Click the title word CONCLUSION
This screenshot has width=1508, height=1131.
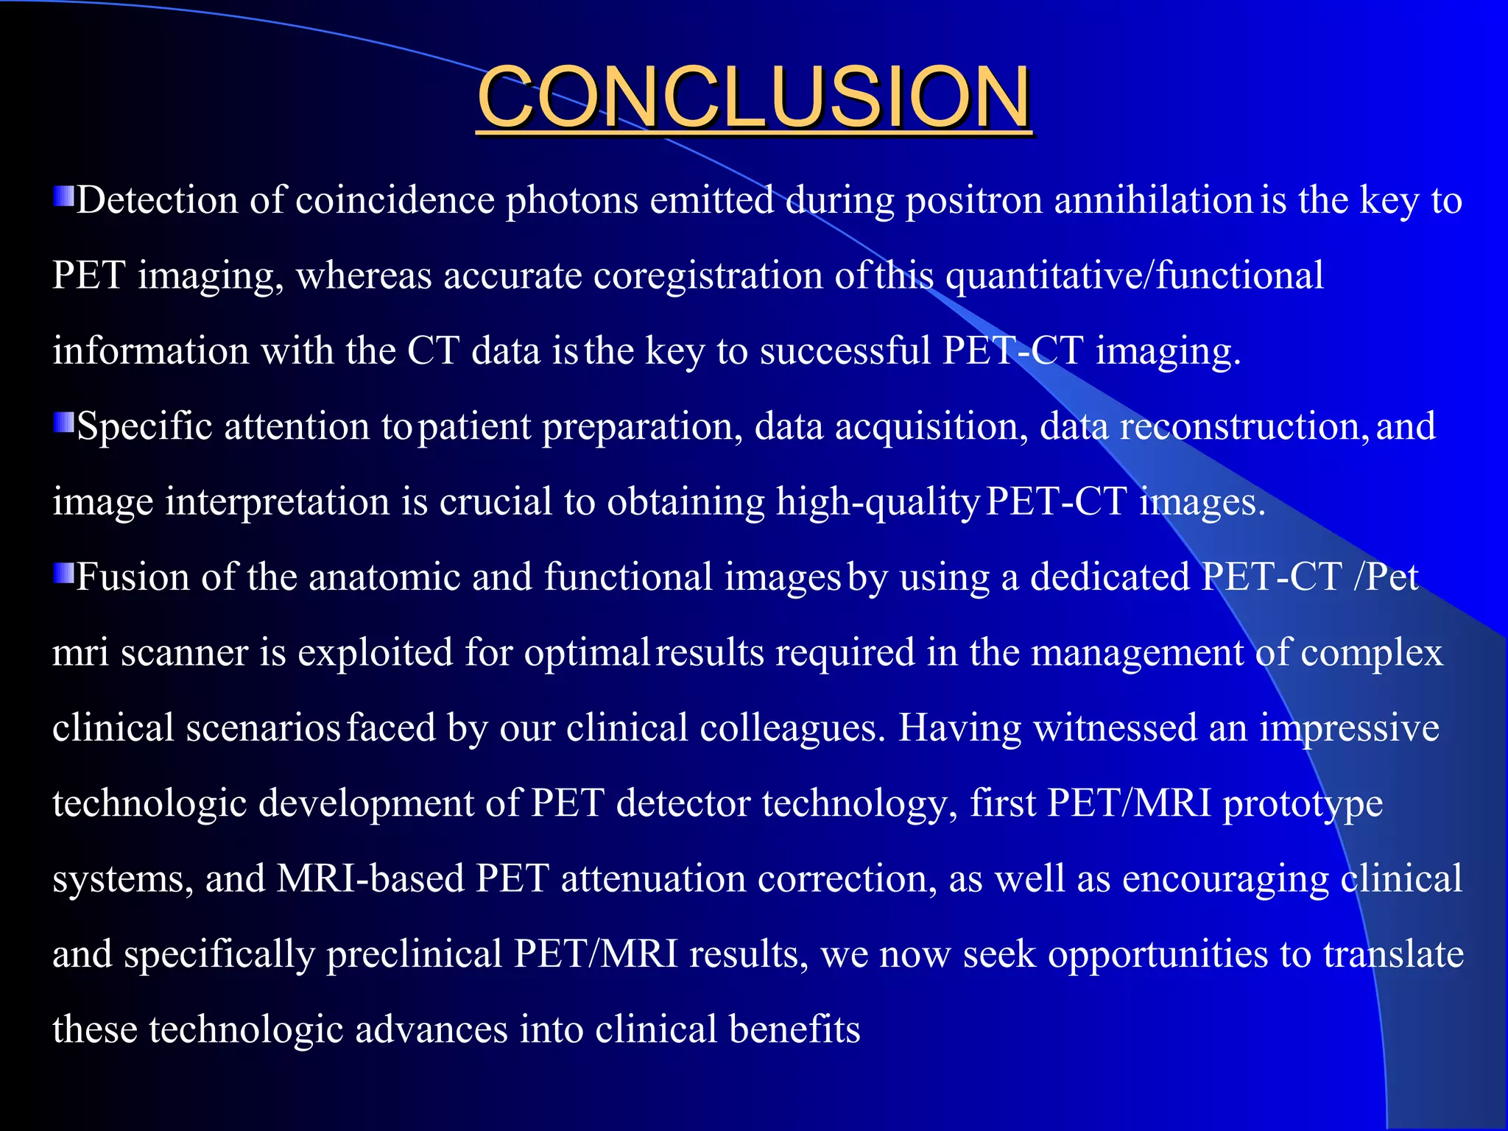pyautogui.click(x=753, y=96)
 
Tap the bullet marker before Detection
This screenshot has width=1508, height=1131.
pyautogui.click(x=63, y=197)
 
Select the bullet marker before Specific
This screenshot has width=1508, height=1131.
pyautogui.click(x=63, y=423)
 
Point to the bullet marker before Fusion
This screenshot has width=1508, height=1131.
pyautogui.click(x=63, y=573)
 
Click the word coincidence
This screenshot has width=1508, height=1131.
pyautogui.click(x=395, y=201)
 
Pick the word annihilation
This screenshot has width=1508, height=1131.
pyautogui.click(x=1154, y=201)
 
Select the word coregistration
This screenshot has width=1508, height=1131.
pyautogui.click(x=708, y=276)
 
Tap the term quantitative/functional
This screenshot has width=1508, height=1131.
pyautogui.click(x=1134, y=276)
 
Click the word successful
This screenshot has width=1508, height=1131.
pyautogui.click(x=845, y=351)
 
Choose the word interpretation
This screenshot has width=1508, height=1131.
pyautogui.click(x=277, y=502)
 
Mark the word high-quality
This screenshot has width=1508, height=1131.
pyautogui.click(x=876, y=502)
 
